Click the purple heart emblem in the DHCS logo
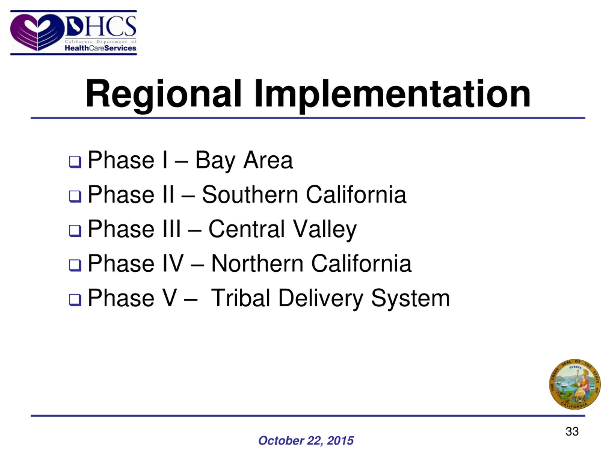coord(37,32)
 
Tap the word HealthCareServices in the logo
coord(100,48)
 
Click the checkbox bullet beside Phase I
coord(75,162)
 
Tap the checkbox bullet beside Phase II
coord(75,196)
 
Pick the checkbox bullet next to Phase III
coord(75,231)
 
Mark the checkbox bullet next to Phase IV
coord(75,265)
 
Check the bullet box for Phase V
coord(75,300)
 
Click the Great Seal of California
coord(575,384)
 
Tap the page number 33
coord(572,431)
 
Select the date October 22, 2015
coord(306,441)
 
